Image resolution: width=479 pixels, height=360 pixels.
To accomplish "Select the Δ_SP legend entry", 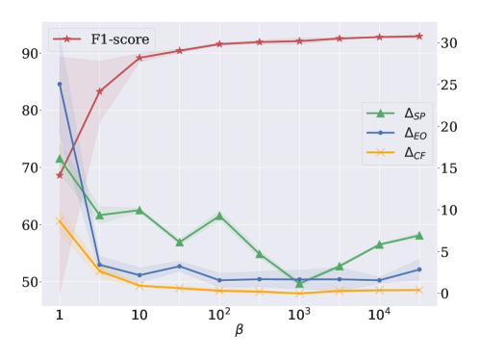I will [x=416, y=116].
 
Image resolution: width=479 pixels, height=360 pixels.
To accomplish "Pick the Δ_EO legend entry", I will [x=416, y=134].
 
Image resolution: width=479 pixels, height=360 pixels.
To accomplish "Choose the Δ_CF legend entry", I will [x=416, y=152].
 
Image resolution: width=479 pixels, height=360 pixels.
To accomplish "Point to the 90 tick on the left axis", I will [x=27, y=53].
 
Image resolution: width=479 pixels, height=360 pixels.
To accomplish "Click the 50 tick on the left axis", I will [x=27, y=282].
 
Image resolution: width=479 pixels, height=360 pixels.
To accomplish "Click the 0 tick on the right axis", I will [x=443, y=294].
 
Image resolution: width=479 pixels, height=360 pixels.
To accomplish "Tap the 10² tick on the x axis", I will [x=219, y=316].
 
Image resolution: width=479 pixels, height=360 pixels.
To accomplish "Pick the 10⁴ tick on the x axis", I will [x=379, y=316].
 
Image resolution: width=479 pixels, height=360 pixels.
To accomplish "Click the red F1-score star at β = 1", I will [x=60, y=174].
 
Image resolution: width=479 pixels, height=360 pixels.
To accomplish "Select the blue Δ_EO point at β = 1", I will [x=60, y=84].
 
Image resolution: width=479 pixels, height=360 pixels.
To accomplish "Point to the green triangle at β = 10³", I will [x=299, y=283].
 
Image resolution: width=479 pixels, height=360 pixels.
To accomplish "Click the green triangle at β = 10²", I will [x=219, y=216].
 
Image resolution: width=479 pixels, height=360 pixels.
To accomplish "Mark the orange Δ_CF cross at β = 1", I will [x=60, y=221].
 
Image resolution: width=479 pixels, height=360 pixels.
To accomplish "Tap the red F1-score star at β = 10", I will [x=139, y=58].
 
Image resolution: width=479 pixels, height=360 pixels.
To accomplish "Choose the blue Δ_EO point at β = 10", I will [x=139, y=275].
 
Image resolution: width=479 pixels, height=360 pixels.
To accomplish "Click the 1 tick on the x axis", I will [x=60, y=316].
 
